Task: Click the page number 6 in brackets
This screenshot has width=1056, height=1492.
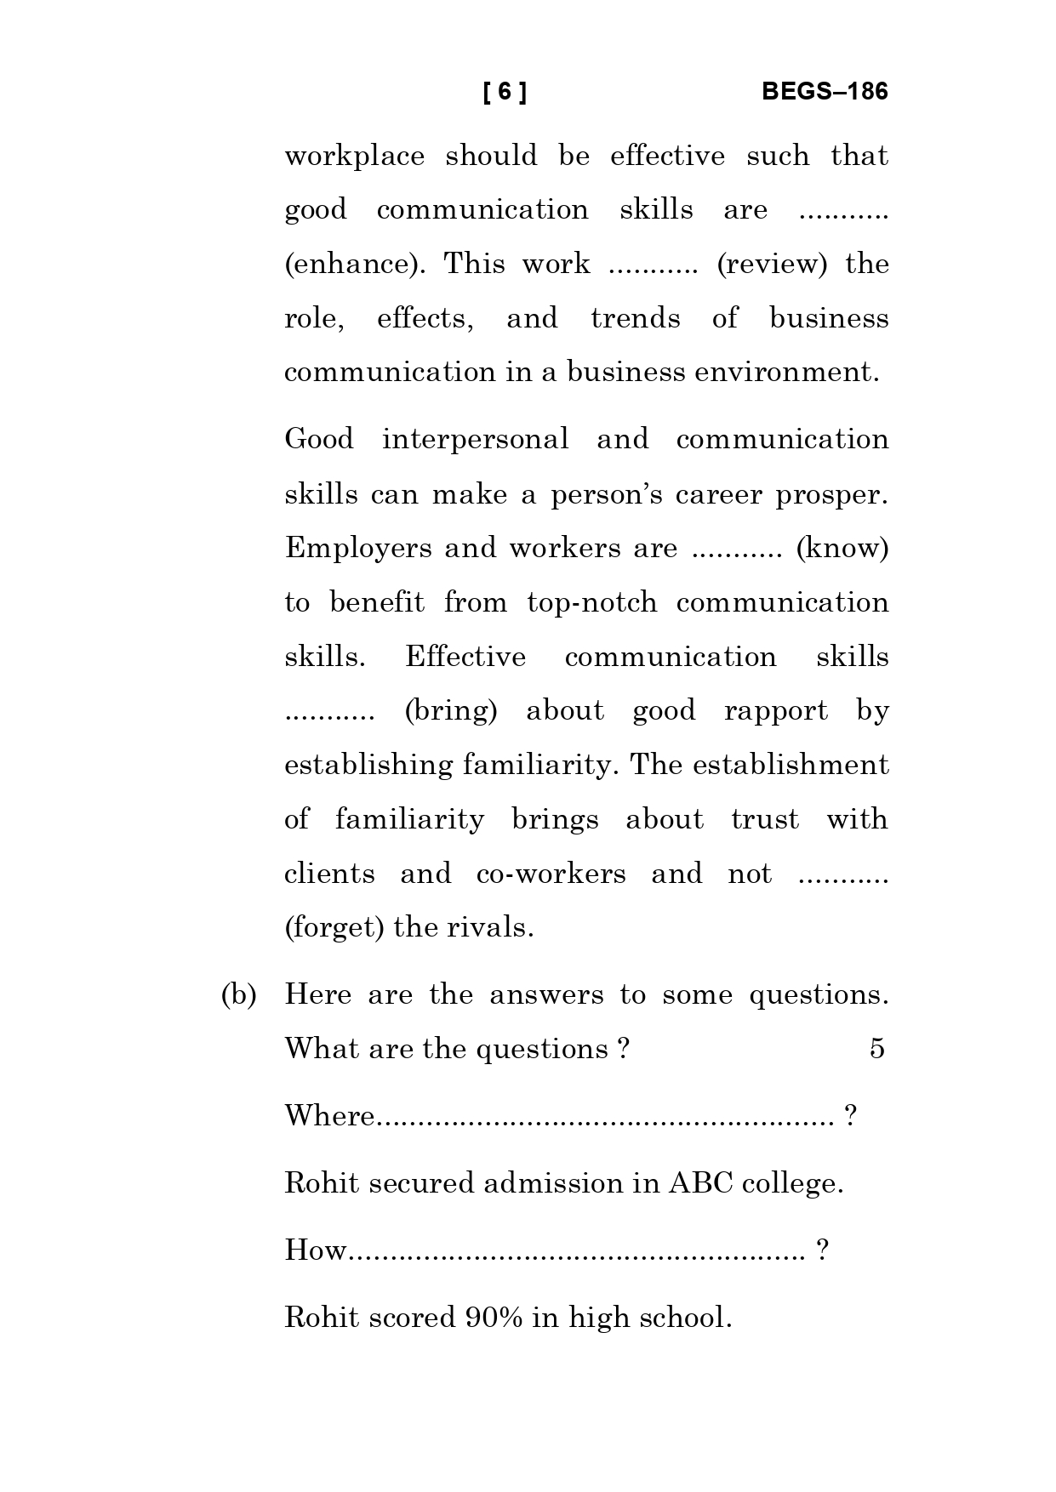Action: click(x=505, y=92)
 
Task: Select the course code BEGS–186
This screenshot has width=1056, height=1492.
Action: click(x=824, y=92)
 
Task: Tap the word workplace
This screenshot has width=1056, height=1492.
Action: click(x=354, y=157)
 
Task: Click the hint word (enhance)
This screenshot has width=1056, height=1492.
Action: click(x=355, y=265)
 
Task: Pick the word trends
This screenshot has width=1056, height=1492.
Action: click(x=636, y=319)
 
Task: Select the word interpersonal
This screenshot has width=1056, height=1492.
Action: click(x=475, y=440)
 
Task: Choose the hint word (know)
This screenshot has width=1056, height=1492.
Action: click(x=842, y=549)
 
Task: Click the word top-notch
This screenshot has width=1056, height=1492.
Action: click(x=592, y=603)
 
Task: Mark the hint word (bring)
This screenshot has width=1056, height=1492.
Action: click(x=450, y=711)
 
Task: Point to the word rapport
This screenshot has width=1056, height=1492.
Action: click(x=775, y=711)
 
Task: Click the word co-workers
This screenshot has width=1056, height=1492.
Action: click(x=551, y=874)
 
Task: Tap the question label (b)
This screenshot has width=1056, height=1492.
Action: click(x=239, y=995)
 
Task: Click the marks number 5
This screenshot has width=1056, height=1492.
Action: click(x=876, y=1049)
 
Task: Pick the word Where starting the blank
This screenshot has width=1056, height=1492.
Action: click(x=328, y=1115)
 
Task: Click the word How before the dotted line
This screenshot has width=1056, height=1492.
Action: click(x=315, y=1250)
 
